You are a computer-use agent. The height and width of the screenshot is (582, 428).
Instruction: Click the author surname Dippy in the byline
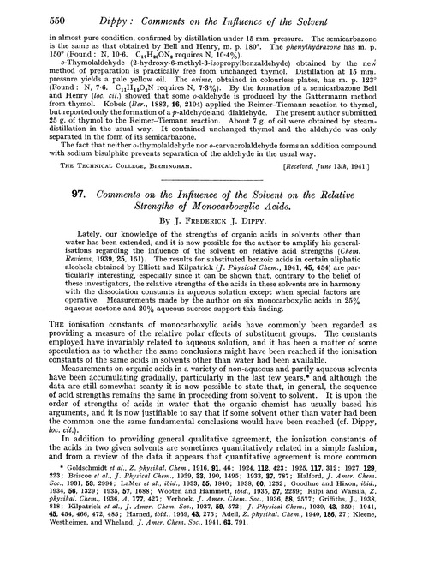coord(267,262)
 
